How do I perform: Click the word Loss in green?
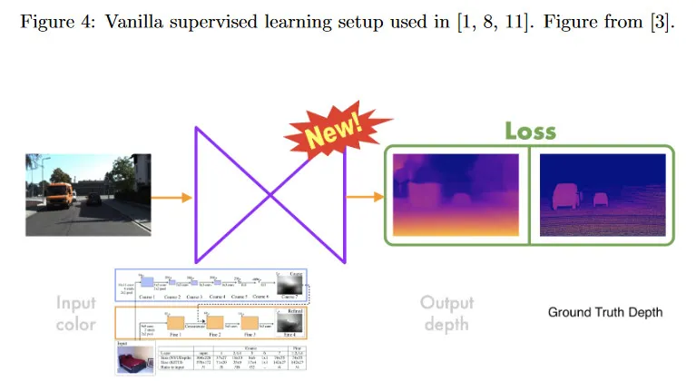pos(530,131)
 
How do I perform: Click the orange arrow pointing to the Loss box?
pos(365,195)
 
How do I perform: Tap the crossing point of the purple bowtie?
pos(270,196)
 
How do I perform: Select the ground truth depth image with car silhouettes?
pos(602,194)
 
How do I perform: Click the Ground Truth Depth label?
pos(604,313)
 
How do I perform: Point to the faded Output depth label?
pos(446,312)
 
